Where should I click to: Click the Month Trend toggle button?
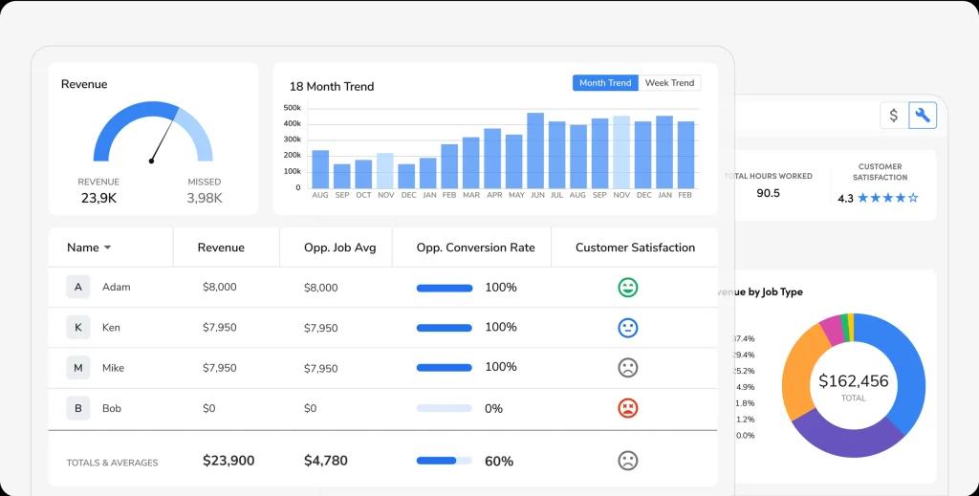point(605,83)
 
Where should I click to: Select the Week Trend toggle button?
point(669,83)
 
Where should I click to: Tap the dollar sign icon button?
point(894,116)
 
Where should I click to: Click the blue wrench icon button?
point(923,116)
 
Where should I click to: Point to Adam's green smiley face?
point(627,287)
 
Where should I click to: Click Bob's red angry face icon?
point(627,408)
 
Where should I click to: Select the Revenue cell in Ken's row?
point(220,328)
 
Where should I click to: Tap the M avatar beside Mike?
point(78,368)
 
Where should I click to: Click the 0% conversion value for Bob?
point(493,408)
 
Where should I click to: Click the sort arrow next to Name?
point(107,248)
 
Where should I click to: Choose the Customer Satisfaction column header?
point(635,248)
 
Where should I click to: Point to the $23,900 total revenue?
point(228,461)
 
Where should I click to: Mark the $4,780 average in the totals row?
point(326,461)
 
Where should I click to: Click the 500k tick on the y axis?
point(293,108)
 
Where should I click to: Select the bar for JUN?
point(535,150)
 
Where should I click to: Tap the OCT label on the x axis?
point(363,195)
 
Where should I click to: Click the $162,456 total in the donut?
point(853,381)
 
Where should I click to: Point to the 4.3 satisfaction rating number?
point(845,199)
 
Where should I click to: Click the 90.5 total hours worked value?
point(768,193)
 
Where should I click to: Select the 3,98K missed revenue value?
point(205,198)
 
